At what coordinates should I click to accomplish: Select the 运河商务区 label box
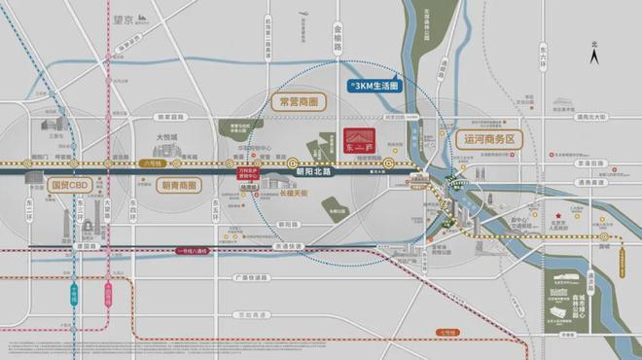click(488, 139)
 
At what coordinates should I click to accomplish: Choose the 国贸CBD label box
click(49, 183)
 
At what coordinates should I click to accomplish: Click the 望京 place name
click(120, 17)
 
